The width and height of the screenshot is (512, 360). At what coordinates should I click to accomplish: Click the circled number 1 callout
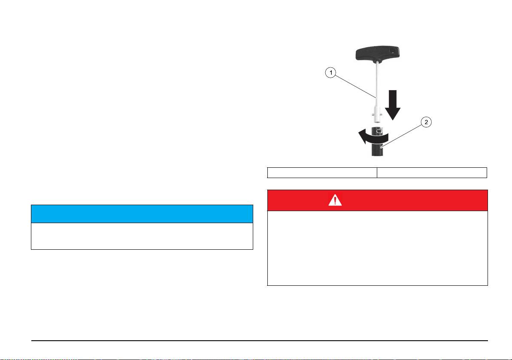330,73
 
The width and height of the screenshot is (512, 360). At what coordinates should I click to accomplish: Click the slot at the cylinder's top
378,131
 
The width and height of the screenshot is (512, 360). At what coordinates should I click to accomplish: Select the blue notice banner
142,214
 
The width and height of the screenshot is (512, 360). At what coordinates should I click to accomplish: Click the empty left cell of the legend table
322,172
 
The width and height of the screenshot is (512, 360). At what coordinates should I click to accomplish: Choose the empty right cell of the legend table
432,172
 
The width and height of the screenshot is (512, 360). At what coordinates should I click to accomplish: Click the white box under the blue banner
142,236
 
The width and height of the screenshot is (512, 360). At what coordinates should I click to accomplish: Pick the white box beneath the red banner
377,248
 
